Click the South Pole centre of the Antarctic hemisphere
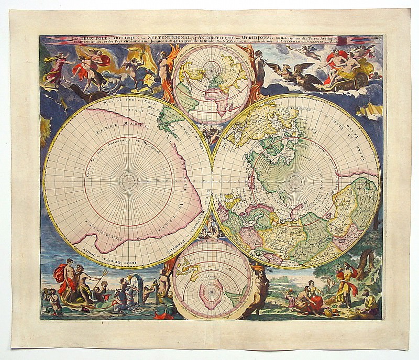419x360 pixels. tap(127, 181)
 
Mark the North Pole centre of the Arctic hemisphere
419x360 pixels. tap(295, 181)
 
